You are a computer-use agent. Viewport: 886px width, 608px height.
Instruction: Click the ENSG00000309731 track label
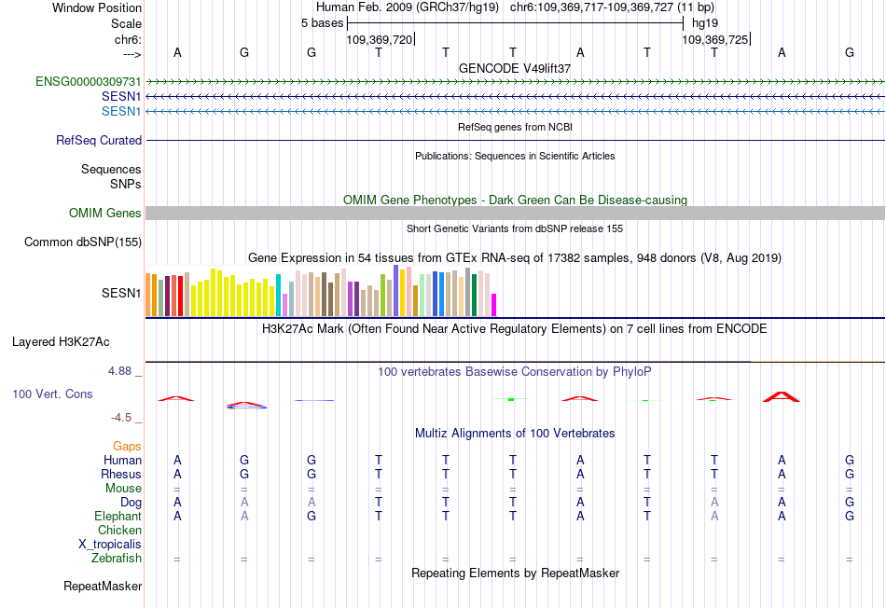[89, 82]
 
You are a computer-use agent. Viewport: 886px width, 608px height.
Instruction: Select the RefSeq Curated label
[99, 141]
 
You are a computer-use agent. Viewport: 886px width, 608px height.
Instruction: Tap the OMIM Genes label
[105, 214]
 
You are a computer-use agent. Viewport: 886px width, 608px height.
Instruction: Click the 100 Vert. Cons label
[52, 394]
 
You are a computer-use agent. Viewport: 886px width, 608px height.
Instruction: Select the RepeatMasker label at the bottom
[103, 587]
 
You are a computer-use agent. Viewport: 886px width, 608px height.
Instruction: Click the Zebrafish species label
[117, 559]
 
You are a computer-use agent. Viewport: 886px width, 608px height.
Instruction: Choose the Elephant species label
[118, 517]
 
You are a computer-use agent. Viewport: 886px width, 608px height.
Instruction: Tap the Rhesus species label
[121, 475]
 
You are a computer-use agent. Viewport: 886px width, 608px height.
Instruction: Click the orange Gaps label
[127, 447]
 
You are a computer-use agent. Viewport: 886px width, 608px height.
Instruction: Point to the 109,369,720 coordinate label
[379, 40]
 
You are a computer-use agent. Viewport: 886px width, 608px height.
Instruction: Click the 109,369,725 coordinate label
[715, 40]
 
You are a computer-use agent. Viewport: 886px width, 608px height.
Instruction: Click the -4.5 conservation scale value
[123, 419]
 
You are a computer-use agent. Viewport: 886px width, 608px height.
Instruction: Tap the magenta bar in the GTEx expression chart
[494, 305]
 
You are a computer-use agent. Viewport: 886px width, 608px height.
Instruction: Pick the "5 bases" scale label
[322, 23]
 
